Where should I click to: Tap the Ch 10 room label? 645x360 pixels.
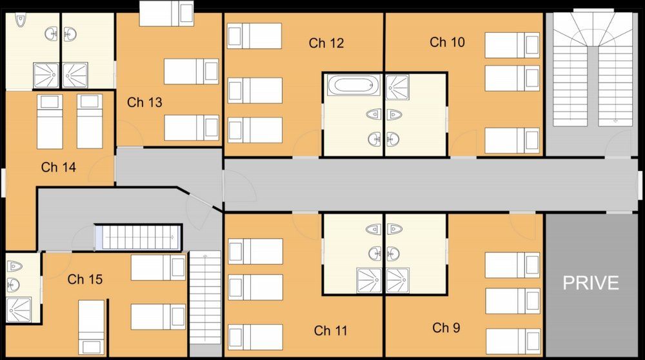tap(447, 43)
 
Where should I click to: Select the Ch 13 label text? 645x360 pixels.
tap(144, 103)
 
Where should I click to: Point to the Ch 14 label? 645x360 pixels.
tap(59, 168)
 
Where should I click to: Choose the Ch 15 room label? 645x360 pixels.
tap(85, 280)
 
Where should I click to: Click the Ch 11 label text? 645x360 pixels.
tap(331, 331)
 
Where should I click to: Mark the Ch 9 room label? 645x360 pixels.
tap(446, 328)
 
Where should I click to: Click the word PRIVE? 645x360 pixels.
tap(591, 283)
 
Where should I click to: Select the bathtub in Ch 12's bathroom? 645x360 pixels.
tap(351, 85)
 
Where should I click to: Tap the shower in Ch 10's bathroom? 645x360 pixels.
tap(397, 85)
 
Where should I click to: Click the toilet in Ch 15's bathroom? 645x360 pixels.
tap(14, 266)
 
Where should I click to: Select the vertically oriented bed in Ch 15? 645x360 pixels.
tap(91, 326)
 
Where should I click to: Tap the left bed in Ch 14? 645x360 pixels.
tap(50, 121)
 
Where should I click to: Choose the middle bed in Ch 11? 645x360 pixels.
tap(255, 287)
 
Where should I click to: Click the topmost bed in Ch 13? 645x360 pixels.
tap(166, 12)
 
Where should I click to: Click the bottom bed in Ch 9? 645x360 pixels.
tap(512, 341)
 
